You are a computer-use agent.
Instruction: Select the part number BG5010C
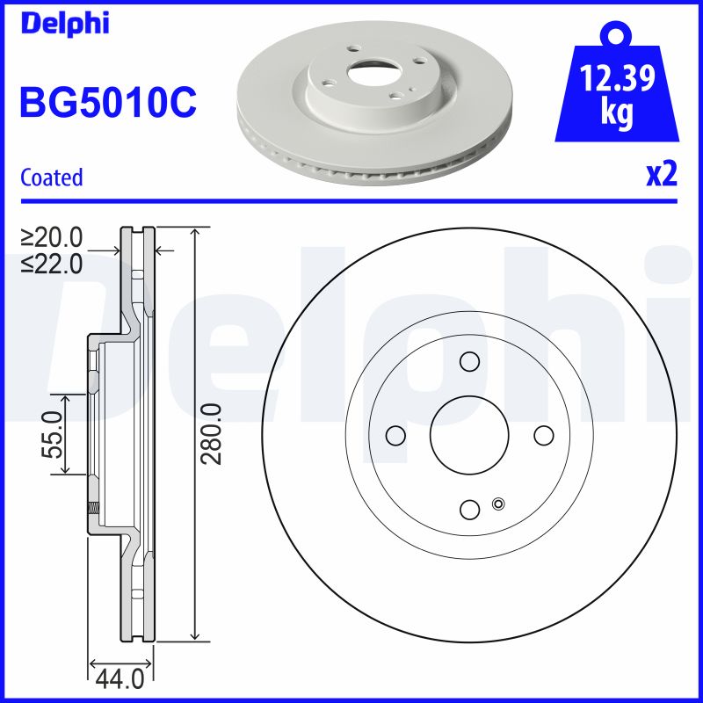tap(107, 104)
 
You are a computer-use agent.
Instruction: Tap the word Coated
tap(51, 178)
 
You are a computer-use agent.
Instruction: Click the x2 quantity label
tap(661, 175)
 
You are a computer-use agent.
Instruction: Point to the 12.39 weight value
tap(618, 81)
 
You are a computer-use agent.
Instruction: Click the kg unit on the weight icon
tap(617, 115)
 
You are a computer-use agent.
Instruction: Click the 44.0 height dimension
tap(121, 679)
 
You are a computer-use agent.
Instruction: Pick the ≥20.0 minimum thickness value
tap(52, 237)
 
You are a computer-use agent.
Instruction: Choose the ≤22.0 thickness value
tap(52, 262)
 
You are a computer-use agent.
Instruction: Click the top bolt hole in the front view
tap(469, 361)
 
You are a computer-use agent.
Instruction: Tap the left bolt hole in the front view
tap(395, 435)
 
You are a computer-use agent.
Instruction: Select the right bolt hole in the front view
tap(543, 435)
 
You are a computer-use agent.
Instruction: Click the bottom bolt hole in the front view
tap(469, 509)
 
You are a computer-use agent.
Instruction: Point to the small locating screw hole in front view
tap(499, 504)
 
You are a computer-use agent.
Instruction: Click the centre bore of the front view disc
tap(469, 435)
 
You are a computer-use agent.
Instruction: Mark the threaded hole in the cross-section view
tap(91, 507)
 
